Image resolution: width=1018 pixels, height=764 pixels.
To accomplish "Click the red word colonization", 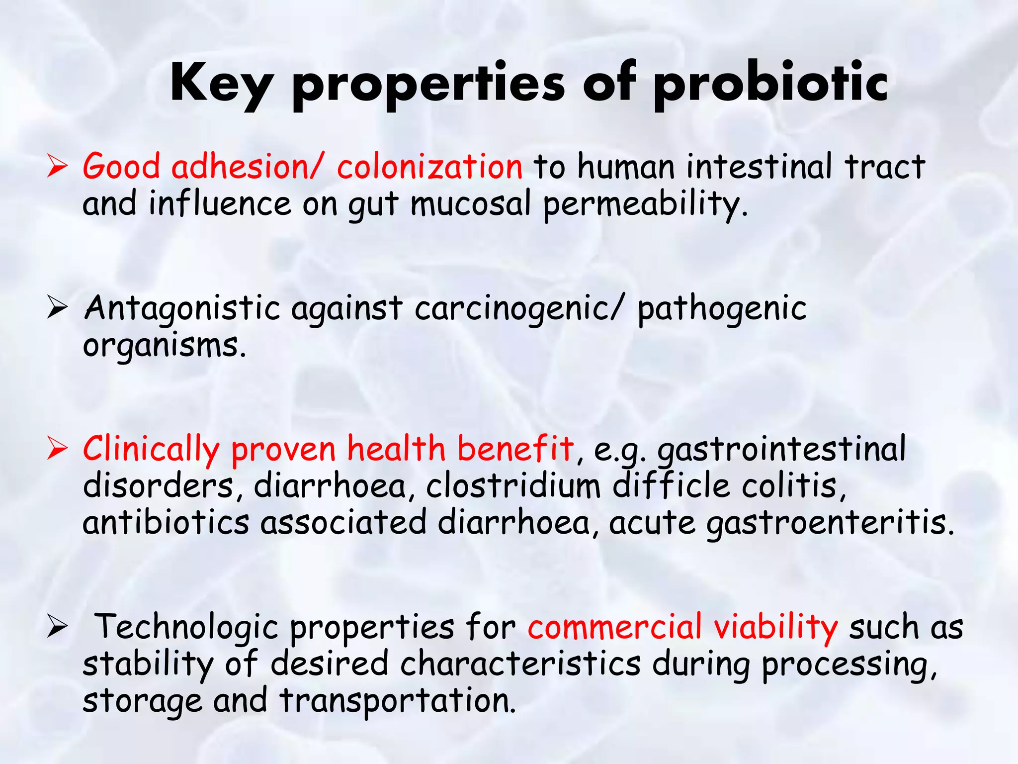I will (429, 167).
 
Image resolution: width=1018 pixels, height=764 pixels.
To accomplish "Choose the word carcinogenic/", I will (518, 308).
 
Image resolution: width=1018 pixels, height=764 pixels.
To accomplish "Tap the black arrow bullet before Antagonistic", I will (57, 308).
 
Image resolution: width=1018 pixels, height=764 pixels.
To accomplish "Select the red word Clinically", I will (151, 449).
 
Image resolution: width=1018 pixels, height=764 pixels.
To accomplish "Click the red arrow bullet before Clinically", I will (57, 449).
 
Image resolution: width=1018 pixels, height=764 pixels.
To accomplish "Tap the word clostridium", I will (513, 486).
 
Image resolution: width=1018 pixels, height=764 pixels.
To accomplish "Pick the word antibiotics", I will (166, 523).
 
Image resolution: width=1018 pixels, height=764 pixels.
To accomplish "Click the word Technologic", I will (186, 627).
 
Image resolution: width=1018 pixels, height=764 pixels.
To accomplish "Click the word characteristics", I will (520, 664).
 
